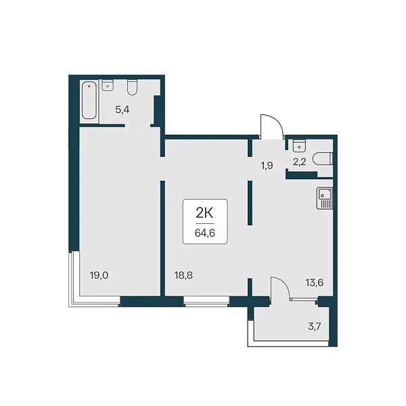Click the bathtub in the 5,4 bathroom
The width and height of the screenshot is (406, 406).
(89, 101)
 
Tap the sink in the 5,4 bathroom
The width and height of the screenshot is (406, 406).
(107, 85)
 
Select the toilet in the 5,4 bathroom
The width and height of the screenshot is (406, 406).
(133, 87)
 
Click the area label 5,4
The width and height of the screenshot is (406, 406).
(122, 110)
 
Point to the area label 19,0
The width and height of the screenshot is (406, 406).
(99, 275)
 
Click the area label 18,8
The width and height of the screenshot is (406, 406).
(183, 275)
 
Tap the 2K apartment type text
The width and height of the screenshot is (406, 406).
(204, 213)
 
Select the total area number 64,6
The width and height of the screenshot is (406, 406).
(205, 233)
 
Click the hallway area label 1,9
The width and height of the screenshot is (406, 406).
(267, 166)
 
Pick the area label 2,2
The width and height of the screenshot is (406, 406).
(300, 162)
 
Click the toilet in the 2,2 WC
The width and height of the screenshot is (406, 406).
(323, 159)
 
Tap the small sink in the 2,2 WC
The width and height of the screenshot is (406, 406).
(299, 145)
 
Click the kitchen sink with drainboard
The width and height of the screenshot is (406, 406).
(325, 198)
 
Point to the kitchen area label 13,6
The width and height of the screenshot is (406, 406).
(315, 283)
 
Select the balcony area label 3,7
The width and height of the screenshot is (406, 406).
(315, 326)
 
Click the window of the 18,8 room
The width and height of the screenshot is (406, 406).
(206, 302)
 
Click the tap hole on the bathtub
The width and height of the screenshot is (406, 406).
(89, 86)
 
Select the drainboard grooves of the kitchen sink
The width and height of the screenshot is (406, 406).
(325, 204)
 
